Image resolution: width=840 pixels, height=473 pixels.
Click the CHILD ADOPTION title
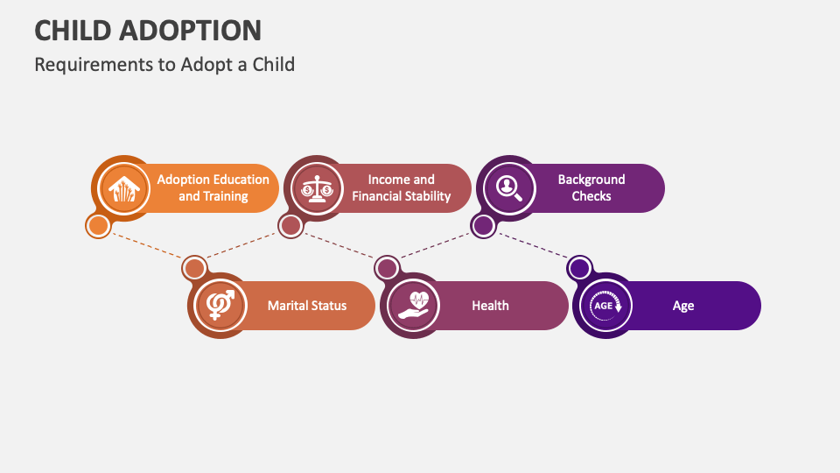148,30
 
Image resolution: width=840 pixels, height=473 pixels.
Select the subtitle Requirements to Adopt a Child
164,64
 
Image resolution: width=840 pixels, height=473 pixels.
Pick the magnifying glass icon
507,188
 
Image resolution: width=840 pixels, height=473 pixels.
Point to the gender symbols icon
218,306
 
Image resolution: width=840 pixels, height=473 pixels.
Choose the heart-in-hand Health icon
410,306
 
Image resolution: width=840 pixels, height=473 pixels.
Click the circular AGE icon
603,306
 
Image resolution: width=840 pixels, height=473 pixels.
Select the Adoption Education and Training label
213,188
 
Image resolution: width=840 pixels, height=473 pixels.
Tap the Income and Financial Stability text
401,188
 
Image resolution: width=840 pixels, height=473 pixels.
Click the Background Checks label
591,188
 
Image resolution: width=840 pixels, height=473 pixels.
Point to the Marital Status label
307,306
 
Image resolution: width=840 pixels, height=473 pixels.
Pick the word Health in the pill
490,306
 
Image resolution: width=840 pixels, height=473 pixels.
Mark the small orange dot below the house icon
99,226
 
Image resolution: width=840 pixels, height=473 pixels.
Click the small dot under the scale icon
290,226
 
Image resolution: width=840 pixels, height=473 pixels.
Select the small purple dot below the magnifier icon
483,226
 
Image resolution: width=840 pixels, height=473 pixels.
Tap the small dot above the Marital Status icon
194,268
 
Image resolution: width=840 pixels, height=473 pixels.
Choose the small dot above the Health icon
387,268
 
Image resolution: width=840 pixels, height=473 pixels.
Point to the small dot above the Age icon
579,268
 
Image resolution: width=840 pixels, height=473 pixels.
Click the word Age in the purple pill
683,306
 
